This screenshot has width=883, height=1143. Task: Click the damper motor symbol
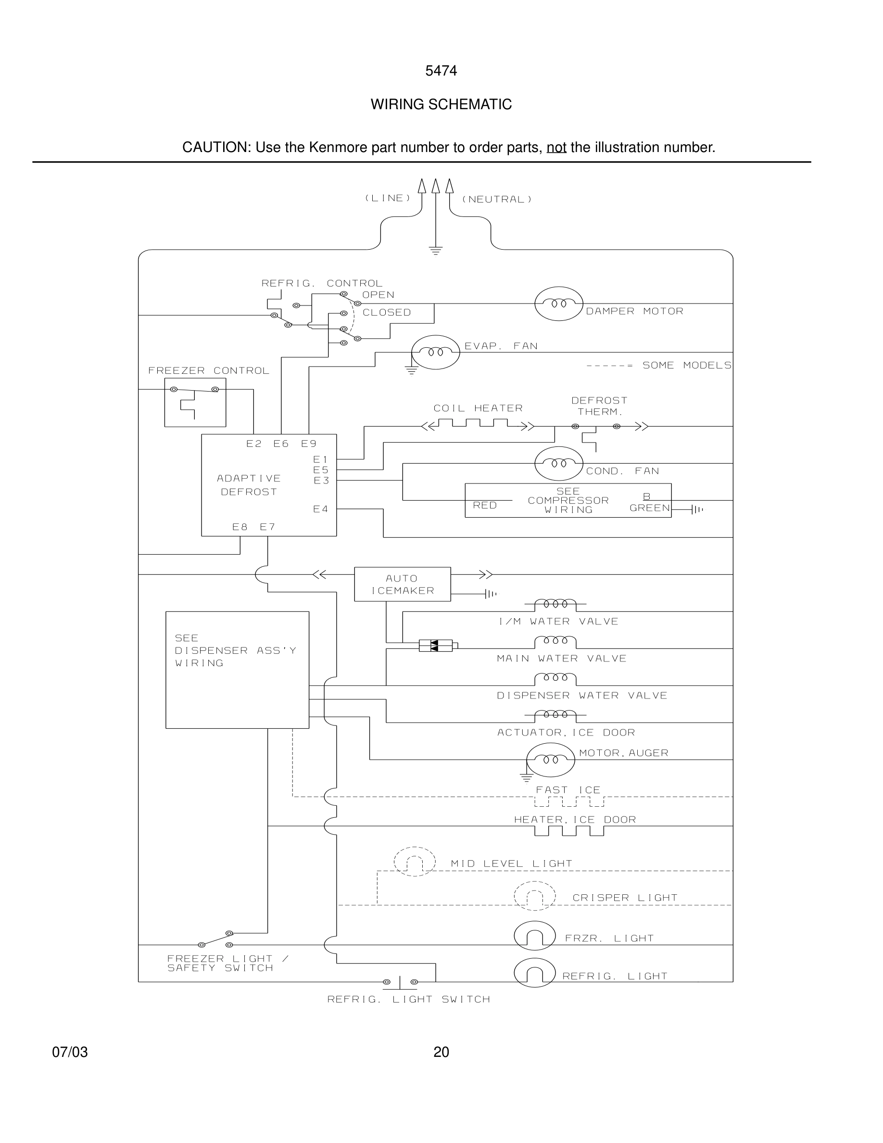558,304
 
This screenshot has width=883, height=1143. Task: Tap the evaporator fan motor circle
435,352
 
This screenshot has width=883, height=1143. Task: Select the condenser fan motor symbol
558,464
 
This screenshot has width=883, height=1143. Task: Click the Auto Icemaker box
402,584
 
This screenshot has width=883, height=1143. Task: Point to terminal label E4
321,508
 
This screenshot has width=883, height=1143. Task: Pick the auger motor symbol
550,760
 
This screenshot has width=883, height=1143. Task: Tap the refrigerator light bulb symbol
534,972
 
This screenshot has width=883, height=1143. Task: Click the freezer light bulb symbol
534,936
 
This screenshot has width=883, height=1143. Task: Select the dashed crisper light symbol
534,897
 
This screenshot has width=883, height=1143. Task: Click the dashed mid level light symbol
414,862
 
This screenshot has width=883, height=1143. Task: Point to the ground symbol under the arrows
435,250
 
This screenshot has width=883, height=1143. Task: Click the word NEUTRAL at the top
496,199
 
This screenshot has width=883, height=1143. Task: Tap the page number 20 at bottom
441,1052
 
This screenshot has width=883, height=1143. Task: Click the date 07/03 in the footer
70,1052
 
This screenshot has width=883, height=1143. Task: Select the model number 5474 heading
441,71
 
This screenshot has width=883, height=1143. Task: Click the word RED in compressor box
484,505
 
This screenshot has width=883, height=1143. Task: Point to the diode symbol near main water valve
436,646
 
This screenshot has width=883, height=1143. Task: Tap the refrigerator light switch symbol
400,982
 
